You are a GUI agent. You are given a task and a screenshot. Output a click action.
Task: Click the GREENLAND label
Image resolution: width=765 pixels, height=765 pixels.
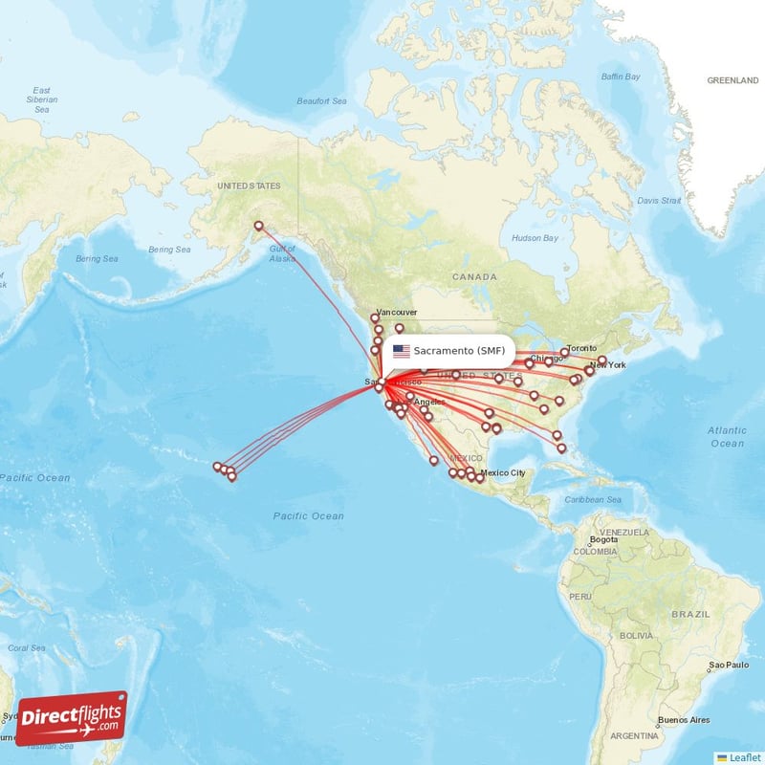[x=732, y=81]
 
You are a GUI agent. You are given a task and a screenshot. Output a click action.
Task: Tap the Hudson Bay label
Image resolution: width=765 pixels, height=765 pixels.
[x=535, y=237]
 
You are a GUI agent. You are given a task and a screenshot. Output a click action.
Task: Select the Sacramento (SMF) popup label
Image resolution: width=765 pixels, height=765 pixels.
[x=459, y=350]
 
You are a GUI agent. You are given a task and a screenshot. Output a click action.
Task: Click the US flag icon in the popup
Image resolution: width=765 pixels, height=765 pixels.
[x=402, y=351]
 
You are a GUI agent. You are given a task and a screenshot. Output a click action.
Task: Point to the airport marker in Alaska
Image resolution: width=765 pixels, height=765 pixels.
[x=258, y=226]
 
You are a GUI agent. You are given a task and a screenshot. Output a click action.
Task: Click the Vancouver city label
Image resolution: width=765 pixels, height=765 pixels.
[x=396, y=313]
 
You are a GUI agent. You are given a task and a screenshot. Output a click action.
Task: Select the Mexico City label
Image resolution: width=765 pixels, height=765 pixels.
[x=503, y=473]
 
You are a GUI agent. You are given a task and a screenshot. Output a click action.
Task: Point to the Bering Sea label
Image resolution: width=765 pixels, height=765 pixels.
[x=97, y=258]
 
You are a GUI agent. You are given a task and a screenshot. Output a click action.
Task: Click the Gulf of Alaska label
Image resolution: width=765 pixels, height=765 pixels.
[x=283, y=253]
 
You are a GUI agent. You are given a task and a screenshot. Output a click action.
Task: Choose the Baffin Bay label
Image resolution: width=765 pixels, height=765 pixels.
[x=620, y=76]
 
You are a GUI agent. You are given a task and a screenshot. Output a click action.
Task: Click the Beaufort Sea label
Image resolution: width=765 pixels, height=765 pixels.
[x=320, y=99]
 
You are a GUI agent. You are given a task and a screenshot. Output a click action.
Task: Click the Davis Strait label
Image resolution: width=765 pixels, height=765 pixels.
[x=659, y=201]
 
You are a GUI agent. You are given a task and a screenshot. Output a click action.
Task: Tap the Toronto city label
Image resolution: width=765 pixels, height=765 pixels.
[x=581, y=348]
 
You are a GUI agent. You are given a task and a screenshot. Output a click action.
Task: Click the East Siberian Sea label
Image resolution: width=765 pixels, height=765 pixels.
[x=42, y=99]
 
